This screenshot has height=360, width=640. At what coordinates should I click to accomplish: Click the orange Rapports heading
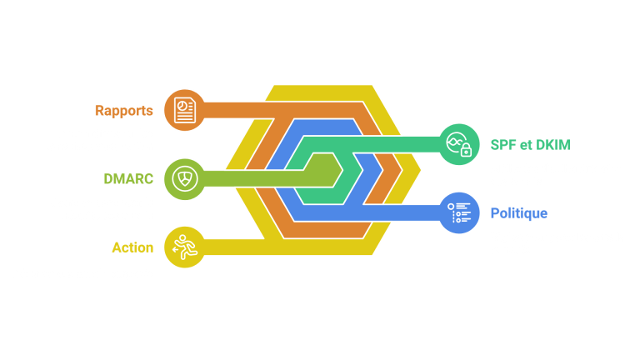click(123, 111)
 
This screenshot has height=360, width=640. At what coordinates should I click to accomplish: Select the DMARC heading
click(127, 178)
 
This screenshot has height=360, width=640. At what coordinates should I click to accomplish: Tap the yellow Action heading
click(132, 247)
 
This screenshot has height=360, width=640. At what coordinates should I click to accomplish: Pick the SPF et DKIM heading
click(530, 145)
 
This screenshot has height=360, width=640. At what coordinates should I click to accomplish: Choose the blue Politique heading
click(518, 213)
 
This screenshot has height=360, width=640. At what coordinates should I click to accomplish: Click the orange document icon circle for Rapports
click(185, 110)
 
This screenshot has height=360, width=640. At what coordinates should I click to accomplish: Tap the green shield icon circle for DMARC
click(185, 178)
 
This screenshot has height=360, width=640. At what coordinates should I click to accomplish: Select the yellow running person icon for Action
click(185, 247)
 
